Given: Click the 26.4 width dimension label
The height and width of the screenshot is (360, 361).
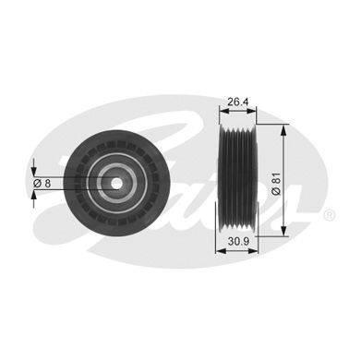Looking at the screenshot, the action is (237, 102).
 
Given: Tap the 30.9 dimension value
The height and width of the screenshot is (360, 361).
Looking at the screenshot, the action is (238, 242).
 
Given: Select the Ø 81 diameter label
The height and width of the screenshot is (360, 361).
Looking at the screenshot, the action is (277, 183).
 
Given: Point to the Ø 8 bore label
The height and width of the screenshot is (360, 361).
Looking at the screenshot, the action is (42, 184).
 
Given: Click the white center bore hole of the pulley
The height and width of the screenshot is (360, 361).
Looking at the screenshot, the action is (116, 184).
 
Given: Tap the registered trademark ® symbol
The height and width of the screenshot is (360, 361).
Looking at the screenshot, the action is (329, 214).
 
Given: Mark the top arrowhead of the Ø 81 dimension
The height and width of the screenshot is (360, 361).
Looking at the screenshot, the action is (283, 130).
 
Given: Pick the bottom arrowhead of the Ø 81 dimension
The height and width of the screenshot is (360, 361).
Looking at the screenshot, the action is (283, 231).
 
